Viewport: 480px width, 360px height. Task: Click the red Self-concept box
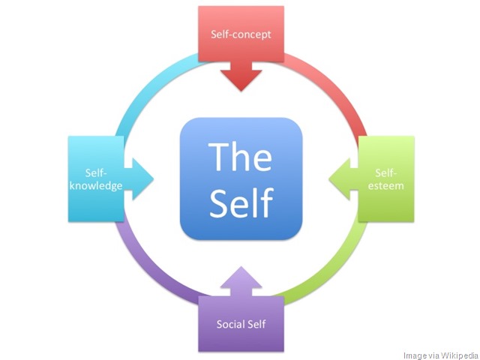coord(241,34)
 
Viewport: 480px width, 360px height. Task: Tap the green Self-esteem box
coord(386,179)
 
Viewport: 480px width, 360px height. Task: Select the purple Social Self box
coord(241,324)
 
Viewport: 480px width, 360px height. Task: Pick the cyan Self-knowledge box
coord(96,179)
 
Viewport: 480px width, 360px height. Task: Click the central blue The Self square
coord(241,178)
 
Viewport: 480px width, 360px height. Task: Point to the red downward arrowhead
coord(241,77)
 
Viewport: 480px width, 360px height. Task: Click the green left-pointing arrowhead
coord(343,179)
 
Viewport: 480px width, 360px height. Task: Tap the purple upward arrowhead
coord(241,281)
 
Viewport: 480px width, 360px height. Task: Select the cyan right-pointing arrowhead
coord(139,179)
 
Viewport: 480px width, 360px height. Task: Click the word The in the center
coord(240,157)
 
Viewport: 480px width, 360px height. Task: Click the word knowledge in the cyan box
coord(96,186)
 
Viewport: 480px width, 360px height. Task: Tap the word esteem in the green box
coord(385,186)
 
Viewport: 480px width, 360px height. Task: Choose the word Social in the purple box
coord(229,324)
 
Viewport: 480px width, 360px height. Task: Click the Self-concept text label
coord(241,34)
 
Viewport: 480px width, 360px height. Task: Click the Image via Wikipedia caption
coord(441,355)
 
